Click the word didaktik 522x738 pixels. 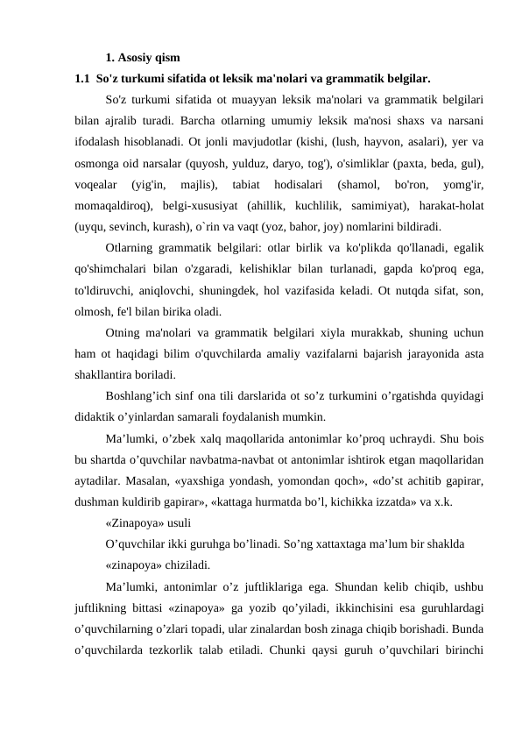click(x=100, y=416)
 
